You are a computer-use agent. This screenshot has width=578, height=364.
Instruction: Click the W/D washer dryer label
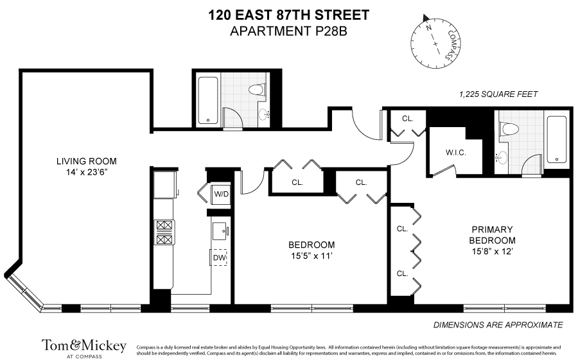(220, 193)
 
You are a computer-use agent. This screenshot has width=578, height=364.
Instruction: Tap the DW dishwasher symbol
(220, 257)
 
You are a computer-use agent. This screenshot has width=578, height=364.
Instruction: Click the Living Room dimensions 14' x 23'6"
(86, 171)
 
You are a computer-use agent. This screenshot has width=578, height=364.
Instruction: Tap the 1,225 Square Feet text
(498, 94)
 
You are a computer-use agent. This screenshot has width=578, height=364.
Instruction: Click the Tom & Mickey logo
(84, 347)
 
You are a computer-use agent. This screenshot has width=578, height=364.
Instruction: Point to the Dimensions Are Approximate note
(498, 325)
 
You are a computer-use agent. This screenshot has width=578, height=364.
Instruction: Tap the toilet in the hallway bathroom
(258, 90)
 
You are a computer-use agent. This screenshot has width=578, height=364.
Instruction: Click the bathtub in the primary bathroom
(556, 139)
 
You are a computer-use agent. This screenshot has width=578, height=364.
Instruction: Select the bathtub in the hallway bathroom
(209, 100)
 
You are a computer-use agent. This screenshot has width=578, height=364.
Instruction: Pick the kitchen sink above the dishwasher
(218, 230)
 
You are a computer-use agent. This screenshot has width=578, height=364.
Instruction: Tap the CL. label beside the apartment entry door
(408, 119)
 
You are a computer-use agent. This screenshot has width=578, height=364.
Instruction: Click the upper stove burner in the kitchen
(164, 225)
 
